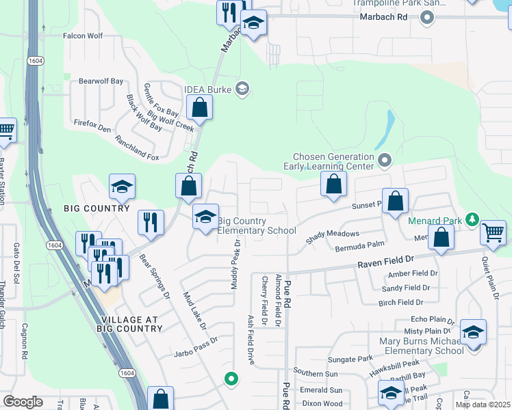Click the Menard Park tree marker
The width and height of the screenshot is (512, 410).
coord(471,220)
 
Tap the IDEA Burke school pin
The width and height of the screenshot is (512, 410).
coord(241,88)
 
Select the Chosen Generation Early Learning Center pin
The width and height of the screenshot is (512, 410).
coord(384,161)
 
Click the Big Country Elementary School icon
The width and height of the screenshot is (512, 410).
coord(205,217)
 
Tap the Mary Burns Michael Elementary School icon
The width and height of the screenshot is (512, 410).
coord(473,332)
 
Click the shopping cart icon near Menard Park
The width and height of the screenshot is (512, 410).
coord(494,233)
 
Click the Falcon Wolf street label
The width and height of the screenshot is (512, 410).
coord(83,36)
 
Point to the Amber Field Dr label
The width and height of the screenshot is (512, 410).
coord(412,273)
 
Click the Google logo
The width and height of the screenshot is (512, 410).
coord(23,402)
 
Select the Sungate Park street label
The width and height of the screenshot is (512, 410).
coord(350,358)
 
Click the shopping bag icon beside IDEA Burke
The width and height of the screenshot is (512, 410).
coord(199,107)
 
